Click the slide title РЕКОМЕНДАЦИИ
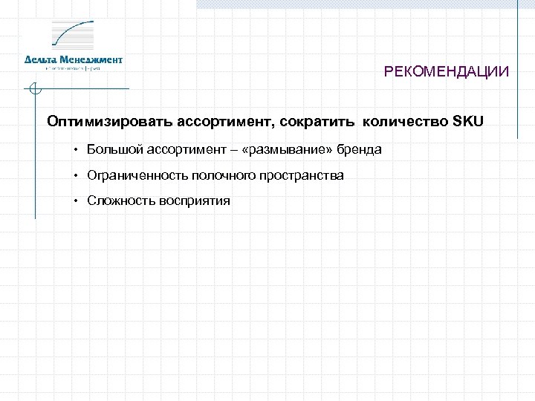(x=447, y=72)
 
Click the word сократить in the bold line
(x=323, y=121)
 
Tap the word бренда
(x=359, y=149)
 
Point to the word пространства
(x=300, y=175)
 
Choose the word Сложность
(x=117, y=200)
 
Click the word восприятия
(x=191, y=200)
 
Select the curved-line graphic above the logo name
(x=72, y=35)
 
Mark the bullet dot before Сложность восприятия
(x=77, y=201)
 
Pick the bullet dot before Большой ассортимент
(x=77, y=150)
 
